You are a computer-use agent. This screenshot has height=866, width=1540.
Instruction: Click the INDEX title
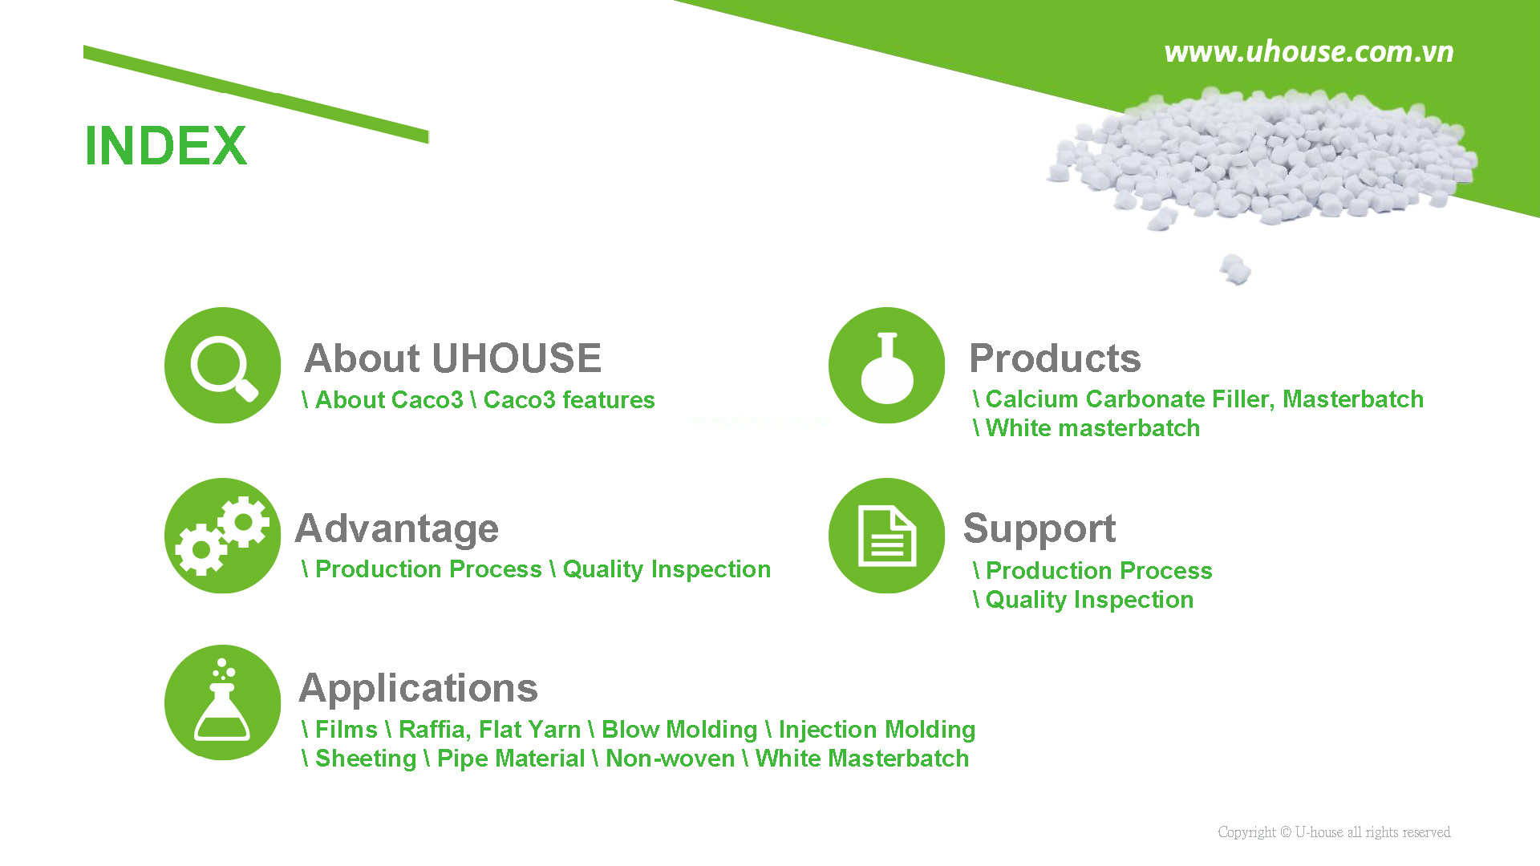pos(166,145)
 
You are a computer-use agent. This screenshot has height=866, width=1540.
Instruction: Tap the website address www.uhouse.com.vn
pos(1308,51)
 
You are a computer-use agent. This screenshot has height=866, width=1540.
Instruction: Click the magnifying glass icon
pos(223,366)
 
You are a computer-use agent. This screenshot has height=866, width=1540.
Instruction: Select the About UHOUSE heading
pos(453,358)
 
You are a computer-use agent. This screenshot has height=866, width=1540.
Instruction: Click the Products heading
pos(1055,358)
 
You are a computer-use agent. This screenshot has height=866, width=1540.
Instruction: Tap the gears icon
pos(223,536)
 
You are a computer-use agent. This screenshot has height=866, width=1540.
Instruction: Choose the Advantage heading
pos(397,529)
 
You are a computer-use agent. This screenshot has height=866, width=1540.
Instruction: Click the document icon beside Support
pos(887,536)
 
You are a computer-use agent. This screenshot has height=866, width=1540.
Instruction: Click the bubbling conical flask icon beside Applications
pos(223,702)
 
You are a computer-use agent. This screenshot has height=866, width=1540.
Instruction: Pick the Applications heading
pos(418,689)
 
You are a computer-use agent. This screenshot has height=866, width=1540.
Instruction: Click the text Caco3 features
pos(569,399)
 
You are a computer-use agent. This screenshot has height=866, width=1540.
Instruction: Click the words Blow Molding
pos(679,730)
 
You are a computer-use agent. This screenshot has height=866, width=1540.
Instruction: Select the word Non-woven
pos(670,759)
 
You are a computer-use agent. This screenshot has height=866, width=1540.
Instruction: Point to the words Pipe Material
pos(511,759)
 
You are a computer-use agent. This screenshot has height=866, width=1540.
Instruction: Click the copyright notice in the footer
pos(1334,832)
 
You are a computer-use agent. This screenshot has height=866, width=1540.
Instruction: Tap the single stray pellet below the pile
pos(1235,269)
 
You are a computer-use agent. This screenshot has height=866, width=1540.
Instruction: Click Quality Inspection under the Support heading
pos(1089,600)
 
